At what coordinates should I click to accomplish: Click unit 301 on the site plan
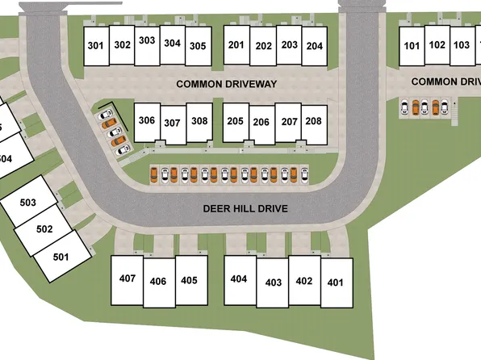[96, 45]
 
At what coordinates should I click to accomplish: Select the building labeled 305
[198, 46]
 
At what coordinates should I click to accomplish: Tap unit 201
[236, 45]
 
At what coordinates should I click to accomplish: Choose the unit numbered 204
[315, 46]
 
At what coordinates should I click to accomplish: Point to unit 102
[437, 44]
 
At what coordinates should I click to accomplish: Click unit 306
[146, 121]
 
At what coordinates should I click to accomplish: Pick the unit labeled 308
[199, 121]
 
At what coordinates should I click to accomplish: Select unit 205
[235, 121]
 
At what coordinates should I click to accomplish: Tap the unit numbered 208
[314, 121]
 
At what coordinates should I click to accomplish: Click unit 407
[127, 279]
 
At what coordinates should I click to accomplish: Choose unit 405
[189, 280]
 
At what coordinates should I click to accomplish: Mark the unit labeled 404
[239, 279]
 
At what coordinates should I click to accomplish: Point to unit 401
[336, 283]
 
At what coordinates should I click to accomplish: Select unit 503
[28, 202]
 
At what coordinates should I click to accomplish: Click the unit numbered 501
[60, 257]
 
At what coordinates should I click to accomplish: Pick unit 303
[147, 40]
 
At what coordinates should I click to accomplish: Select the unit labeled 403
[273, 283]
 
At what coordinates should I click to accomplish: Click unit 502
[44, 229]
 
